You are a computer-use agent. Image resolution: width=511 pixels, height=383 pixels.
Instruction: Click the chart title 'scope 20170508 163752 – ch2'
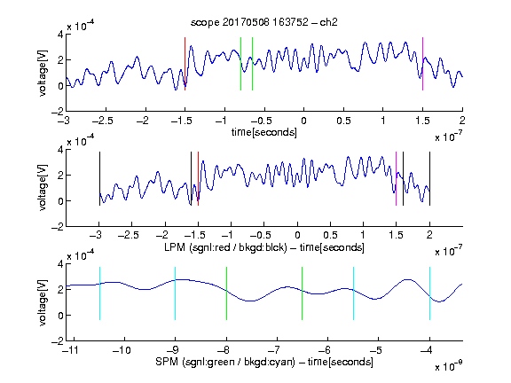coord(264,22)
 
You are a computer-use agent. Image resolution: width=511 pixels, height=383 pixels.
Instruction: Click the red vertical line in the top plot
coord(185,64)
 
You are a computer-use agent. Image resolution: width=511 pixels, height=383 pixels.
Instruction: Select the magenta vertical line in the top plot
coord(422,64)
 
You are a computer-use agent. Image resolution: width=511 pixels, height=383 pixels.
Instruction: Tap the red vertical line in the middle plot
coord(198,178)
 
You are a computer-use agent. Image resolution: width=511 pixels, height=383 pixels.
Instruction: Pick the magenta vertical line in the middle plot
coord(396,178)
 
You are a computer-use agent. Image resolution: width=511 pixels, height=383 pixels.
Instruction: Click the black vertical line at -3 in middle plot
coord(99,178)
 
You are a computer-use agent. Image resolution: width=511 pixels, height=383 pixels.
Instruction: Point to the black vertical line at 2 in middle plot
coord(429,178)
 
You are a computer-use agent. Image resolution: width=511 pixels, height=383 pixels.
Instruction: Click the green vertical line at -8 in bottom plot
coord(226,293)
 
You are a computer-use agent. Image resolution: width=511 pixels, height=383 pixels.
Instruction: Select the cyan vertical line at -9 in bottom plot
coord(175,293)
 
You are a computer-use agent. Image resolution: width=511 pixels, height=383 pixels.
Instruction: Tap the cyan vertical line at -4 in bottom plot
coord(429,293)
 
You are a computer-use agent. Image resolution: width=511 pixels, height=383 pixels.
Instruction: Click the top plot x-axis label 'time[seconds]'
coord(264,132)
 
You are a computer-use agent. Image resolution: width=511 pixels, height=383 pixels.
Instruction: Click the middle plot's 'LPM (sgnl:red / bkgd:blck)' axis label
coord(225,247)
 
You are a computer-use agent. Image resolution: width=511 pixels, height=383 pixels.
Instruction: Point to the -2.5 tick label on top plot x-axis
coord(103,121)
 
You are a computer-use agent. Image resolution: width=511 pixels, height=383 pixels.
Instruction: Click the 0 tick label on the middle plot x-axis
coord(297,235)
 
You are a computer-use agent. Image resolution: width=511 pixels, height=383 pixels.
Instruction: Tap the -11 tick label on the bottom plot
coord(70,350)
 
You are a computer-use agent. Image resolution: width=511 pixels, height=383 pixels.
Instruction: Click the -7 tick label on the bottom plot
coord(274,350)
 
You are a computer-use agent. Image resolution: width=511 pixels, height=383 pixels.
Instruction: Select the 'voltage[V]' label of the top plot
coord(43,73)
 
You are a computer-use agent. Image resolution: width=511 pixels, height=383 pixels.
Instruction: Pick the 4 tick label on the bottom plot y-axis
coord(60,264)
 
